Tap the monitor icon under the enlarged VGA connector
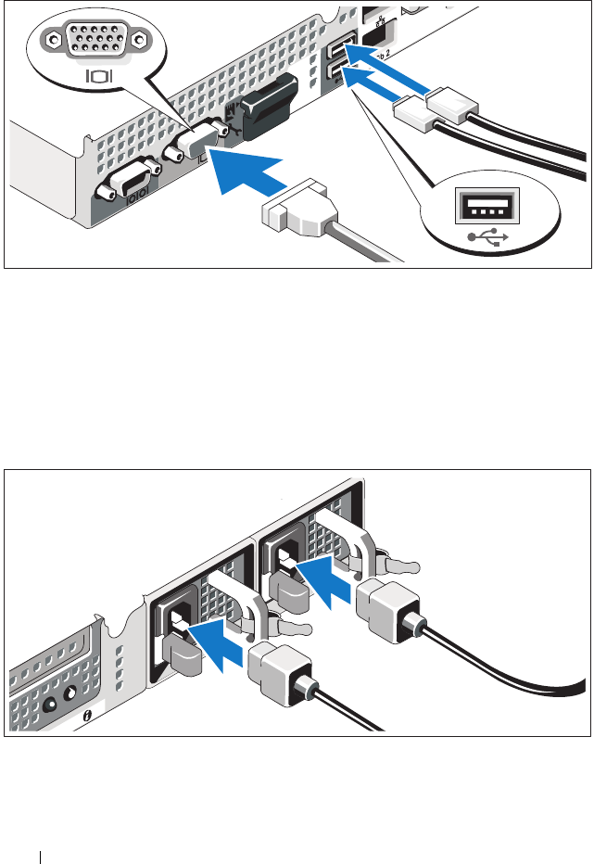96,73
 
